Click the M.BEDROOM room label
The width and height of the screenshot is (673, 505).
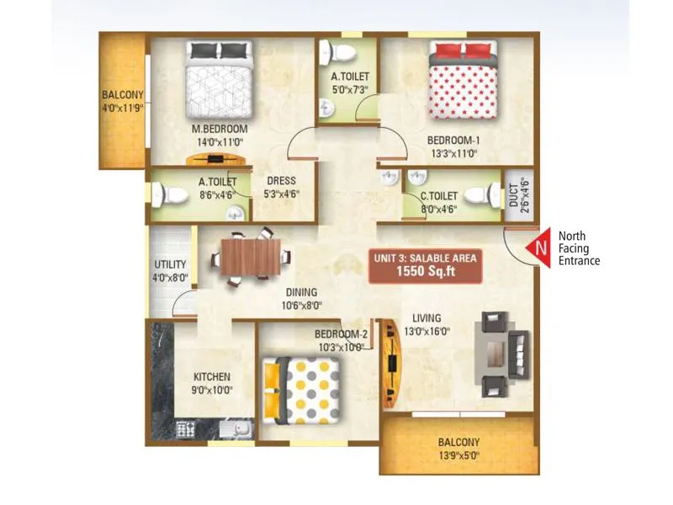[219, 129]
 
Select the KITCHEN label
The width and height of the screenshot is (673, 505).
[212, 376]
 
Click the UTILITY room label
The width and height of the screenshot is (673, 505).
[169, 264]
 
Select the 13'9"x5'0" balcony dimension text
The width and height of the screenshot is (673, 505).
[458, 455]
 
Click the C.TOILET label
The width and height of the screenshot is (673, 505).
[439, 198]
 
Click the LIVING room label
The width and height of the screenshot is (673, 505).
[427, 318]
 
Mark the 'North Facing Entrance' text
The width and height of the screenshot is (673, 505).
[579, 248]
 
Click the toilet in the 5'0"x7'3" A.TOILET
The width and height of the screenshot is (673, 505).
[340, 53]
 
